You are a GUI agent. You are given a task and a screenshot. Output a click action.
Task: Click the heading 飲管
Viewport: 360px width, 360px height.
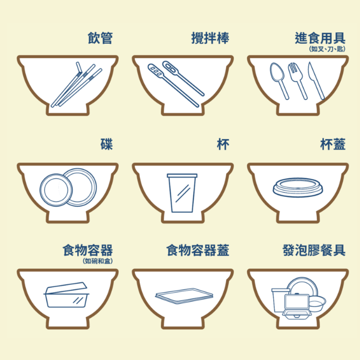click(x=100, y=38)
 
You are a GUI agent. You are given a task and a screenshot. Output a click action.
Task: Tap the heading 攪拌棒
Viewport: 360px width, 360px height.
click(x=210, y=38)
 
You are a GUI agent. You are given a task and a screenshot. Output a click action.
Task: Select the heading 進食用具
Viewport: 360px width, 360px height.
click(x=320, y=38)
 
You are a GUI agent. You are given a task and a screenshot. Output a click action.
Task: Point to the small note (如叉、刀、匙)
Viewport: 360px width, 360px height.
click(x=327, y=49)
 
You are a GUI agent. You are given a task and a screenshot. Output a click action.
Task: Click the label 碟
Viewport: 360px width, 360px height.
click(x=107, y=144)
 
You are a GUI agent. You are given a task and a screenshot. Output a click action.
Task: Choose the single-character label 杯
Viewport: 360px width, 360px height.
click(x=223, y=144)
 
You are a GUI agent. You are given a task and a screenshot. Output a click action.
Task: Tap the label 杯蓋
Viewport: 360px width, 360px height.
click(x=332, y=144)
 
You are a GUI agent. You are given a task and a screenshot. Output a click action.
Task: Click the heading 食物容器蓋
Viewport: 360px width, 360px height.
click(x=198, y=250)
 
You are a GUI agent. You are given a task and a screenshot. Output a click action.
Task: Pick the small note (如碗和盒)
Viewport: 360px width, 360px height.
click(x=98, y=261)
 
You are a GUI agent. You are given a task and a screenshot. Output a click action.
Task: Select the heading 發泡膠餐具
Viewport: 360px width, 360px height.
click(x=314, y=250)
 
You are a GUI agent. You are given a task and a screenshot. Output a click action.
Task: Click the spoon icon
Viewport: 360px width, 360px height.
click(x=279, y=81)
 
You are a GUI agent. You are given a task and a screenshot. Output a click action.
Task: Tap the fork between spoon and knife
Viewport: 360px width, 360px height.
click(x=297, y=81)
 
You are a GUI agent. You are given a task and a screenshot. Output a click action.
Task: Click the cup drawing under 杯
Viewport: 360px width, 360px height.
click(x=182, y=193)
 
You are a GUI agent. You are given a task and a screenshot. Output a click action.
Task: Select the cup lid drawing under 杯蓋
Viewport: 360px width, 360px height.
click(x=298, y=187)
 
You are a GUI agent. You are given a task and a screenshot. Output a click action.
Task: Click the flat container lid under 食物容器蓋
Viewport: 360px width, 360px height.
click(x=184, y=296)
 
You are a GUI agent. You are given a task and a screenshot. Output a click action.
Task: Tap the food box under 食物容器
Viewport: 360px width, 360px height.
click(x=66, y=295)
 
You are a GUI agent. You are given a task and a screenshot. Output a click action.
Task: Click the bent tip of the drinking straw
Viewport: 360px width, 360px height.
click(x=78, y=65)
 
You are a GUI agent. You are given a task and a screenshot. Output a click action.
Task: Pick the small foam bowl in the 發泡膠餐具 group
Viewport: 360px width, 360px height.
click(x=317, y=303)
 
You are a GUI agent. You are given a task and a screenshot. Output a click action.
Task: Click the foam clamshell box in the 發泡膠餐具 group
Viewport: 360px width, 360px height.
click(x=297, y=307)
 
